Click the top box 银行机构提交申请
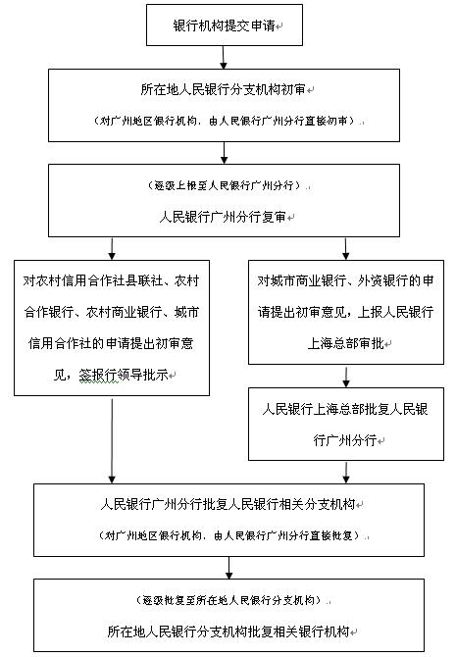(x=225, y=25)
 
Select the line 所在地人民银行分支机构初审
(x=225, y=89)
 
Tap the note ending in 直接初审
(x=225, y=121)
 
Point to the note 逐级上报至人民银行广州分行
(x=225, y=185)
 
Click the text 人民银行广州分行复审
(x=225, y=215)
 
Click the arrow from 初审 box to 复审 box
(x=225, y=152)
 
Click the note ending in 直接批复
(x=229, y=535)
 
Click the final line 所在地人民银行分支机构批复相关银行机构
(x=229, y=629)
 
